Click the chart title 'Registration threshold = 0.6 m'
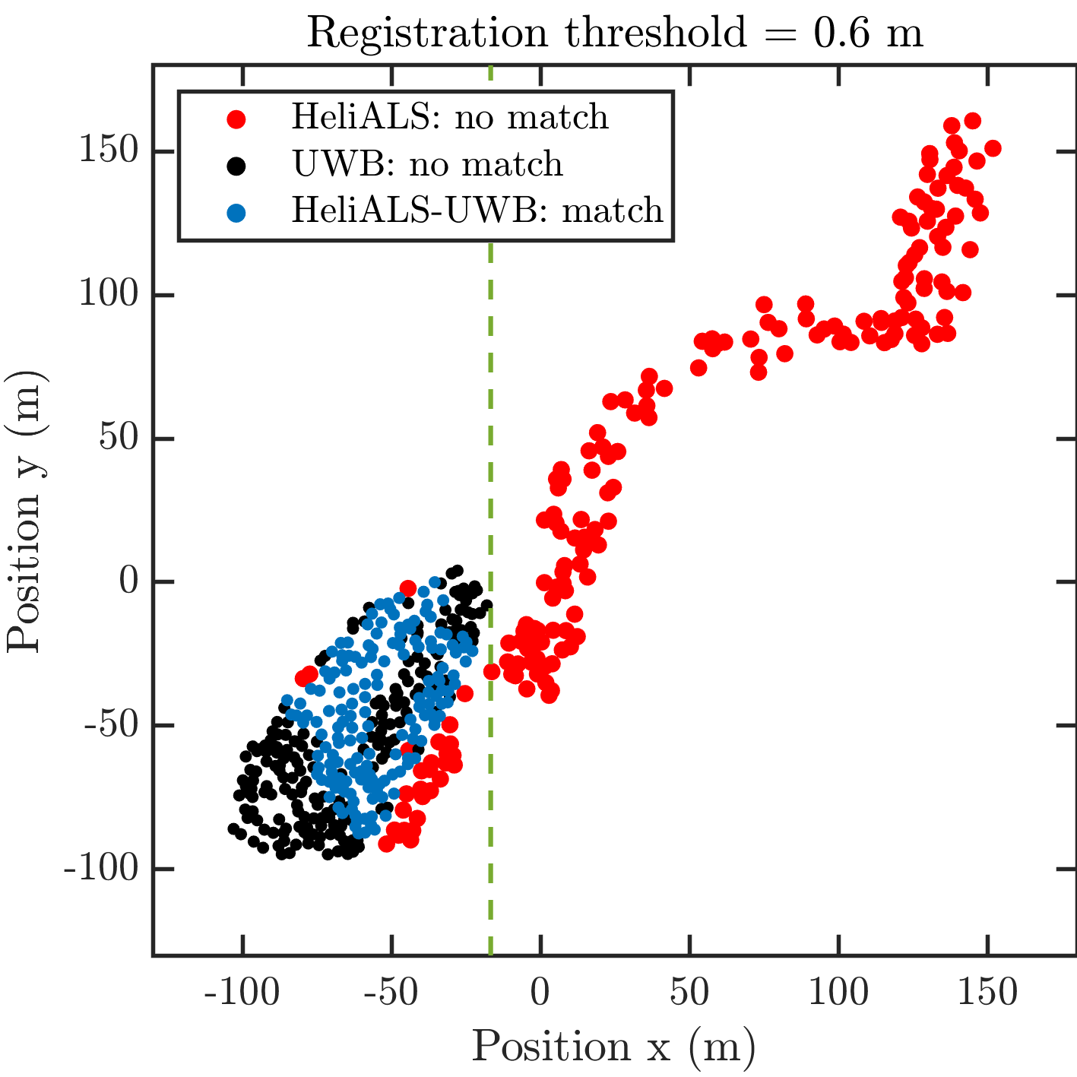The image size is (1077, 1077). coord(614,33)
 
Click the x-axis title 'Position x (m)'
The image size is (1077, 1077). coord(613,1047)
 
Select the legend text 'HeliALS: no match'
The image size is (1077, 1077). coord(450,117)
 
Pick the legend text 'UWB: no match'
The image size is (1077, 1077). coord(427,164)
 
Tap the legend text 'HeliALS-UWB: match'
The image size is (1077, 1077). coord(477,210)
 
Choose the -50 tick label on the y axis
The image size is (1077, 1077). coord(109,726)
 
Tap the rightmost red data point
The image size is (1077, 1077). coord(992,148)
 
